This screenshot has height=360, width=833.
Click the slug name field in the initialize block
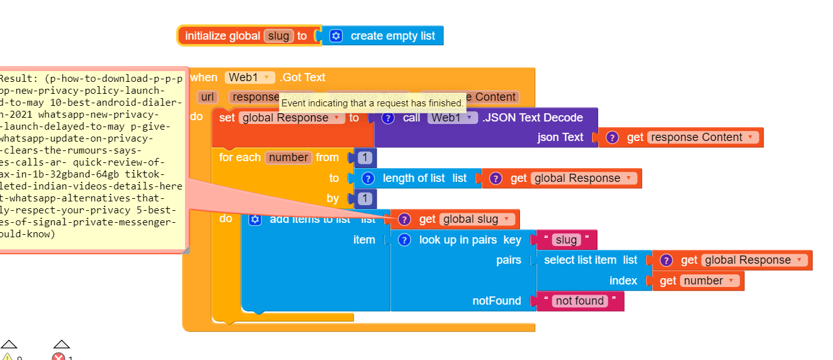click(x=278, y=36)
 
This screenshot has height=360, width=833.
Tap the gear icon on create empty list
click(x=336, y=36)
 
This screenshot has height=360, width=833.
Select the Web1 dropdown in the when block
click(x=250, y=77)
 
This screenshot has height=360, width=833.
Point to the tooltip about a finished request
click(x=372, y=103)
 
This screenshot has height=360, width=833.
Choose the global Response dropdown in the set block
click(x=292, y=118)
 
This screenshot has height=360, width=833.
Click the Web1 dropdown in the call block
click(x=452, y=118)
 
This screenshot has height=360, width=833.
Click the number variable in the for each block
click(x=288, y=157)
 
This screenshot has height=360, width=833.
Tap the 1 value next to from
click(x=365, y=158)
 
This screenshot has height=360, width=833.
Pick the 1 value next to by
click(x=365, y=199)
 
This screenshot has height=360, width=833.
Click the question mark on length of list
click(x=369, y=178)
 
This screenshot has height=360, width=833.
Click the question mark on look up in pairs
click(x=405, y=240)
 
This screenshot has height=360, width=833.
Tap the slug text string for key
click(x=566, y=240)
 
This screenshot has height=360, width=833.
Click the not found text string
click(x=580, y=301)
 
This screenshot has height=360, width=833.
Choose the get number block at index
click(x=698, y=281)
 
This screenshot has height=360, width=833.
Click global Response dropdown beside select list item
click(x=752, y=260)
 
